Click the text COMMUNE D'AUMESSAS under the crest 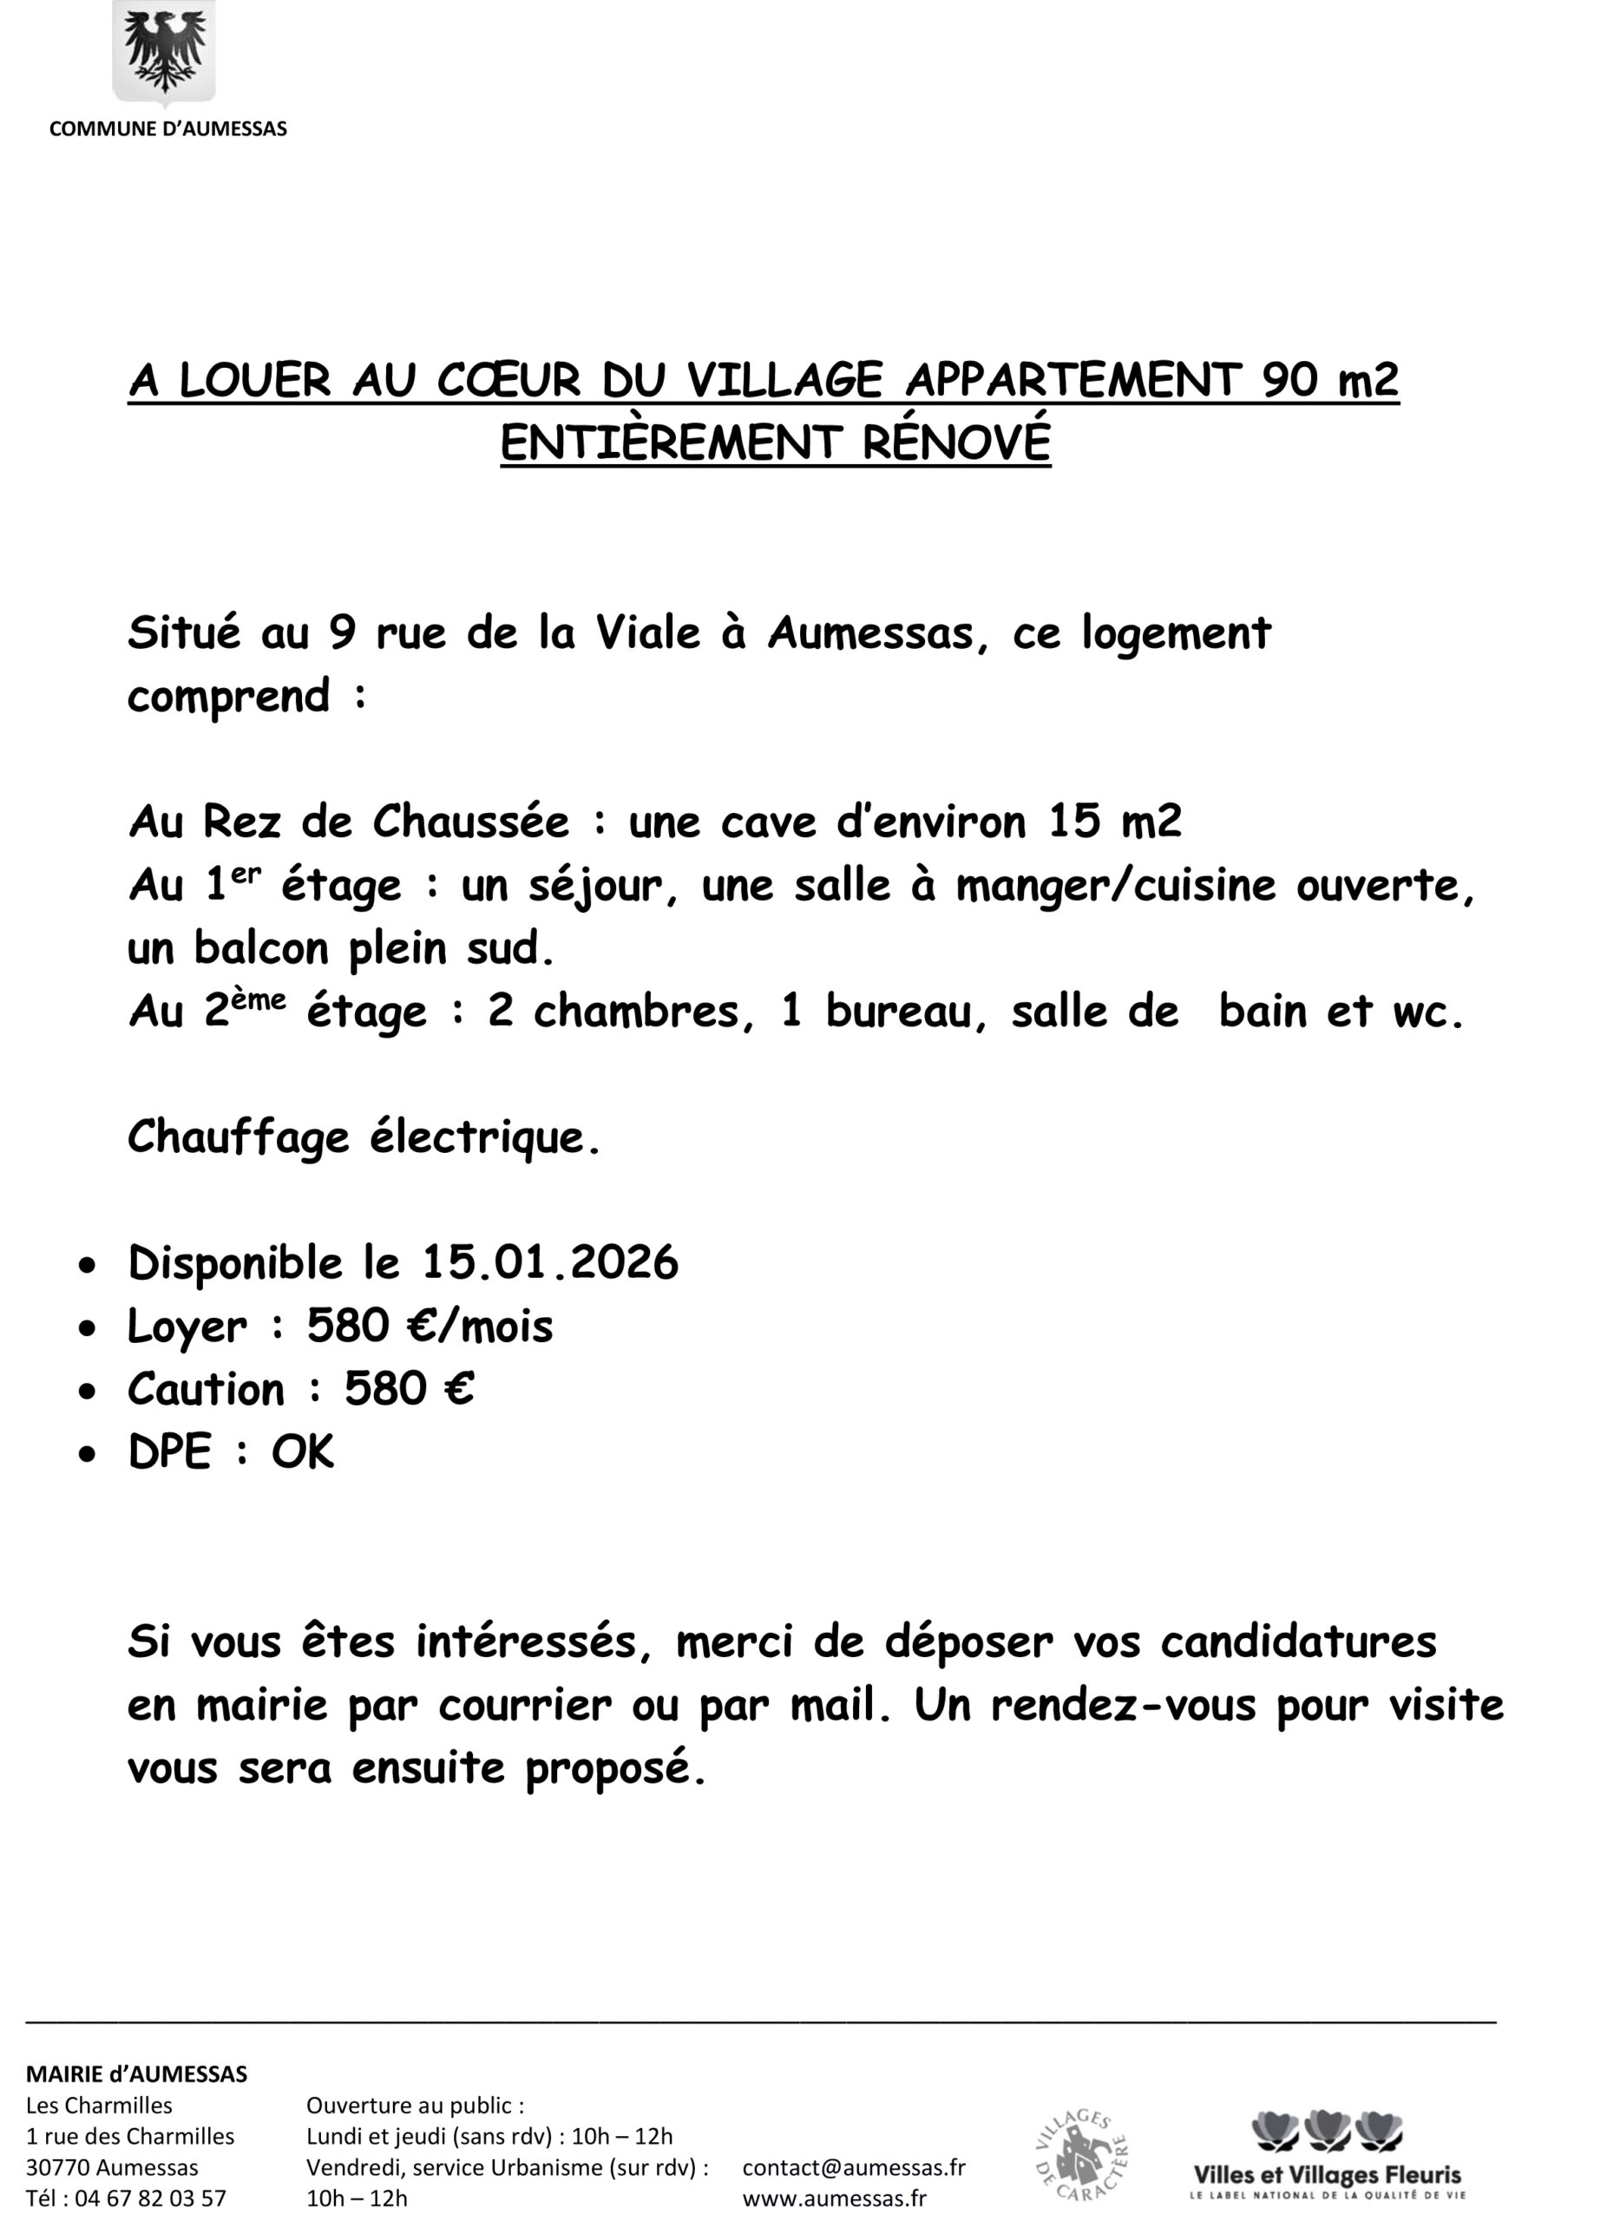(167, 129)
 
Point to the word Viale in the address (647, 633)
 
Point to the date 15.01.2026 (550, 1263)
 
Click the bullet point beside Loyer (89, 1329)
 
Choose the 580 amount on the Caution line (385, 1390)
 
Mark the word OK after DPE (303, 1452)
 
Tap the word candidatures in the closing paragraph (1297, 1642)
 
